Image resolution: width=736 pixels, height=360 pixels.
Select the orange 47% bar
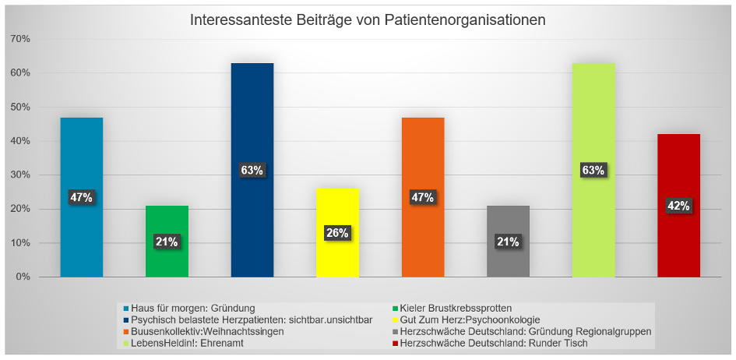tap(423, 156)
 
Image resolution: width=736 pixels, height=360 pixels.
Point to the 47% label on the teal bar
tap(82, 198)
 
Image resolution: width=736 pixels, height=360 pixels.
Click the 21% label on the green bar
tap(167, 242)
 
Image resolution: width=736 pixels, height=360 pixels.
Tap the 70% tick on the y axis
tap(19, 39)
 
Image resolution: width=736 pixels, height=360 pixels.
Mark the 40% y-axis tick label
tap(19, 141)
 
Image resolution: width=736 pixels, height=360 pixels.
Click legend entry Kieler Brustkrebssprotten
tap(456, 308)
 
